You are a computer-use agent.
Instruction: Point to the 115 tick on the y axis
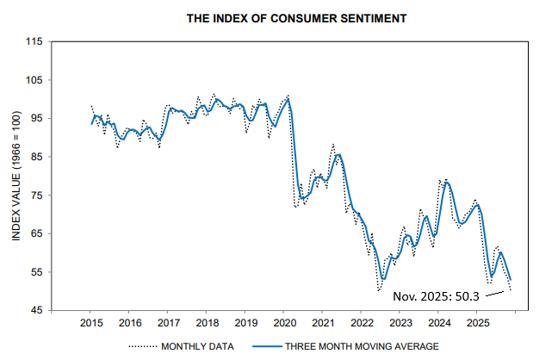point(34,41)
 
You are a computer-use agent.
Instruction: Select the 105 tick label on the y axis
point(34,80)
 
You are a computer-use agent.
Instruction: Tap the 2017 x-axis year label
point(168,323)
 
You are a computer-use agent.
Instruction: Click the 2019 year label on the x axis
point(245,323)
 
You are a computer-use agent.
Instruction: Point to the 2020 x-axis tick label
point(284,323)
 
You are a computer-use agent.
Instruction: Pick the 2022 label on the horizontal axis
point(362,323)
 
